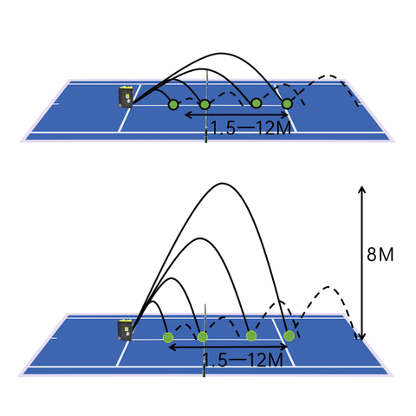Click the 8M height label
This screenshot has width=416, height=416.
380,255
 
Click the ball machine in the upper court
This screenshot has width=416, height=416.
126,97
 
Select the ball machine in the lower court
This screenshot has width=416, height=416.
125,330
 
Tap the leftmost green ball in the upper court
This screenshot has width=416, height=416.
173,104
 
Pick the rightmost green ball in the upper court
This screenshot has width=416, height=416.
287,104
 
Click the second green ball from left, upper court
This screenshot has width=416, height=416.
205,104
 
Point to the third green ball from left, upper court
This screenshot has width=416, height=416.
257,103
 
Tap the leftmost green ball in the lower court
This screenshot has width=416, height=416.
168,337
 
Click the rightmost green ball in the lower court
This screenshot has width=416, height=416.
289,335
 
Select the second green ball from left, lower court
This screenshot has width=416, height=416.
202,336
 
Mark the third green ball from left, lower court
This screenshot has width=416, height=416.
251,335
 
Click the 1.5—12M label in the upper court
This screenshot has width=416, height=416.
250,128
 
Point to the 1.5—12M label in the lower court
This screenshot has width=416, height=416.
244,360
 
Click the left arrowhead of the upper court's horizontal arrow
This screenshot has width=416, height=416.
186,114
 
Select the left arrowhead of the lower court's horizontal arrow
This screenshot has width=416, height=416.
171,347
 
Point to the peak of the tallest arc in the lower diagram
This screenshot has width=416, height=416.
222,183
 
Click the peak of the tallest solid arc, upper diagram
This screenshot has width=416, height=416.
221,53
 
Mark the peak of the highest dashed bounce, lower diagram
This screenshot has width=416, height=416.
328,287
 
